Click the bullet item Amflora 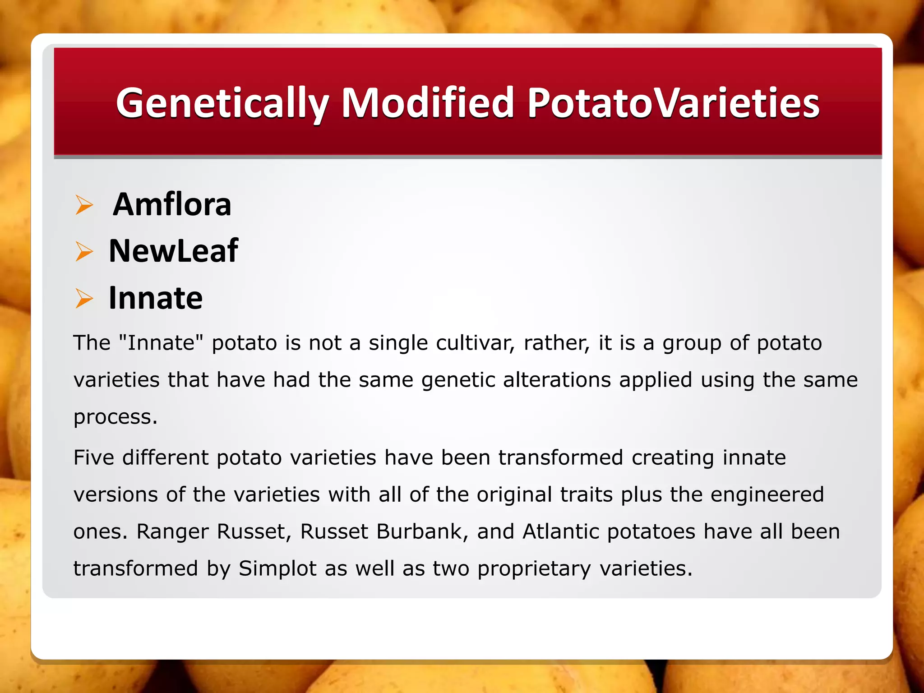click(172, 204)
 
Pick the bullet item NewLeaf click(173, 251)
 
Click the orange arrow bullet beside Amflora click(84, 205)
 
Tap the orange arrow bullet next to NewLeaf click(84, 251)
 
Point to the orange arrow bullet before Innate click(84, 298)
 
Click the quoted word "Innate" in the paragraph click(161, 343)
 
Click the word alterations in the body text click(557, 380)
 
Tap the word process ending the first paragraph click(115, 417)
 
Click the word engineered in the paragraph click(767, 494)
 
